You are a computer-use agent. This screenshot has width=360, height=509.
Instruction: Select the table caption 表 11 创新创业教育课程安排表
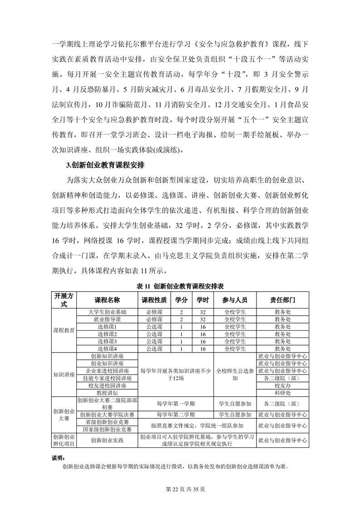[x=180, y=286]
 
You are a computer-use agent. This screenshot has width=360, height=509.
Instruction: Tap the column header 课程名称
[x=107, y=300]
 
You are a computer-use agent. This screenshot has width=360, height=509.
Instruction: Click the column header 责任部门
[x=283, y=300]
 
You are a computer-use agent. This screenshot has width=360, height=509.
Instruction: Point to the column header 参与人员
[x=235, y=300]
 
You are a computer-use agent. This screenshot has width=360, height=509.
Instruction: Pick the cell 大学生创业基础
[x=107, y=312]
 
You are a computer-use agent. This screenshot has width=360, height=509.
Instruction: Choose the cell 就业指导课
[x=107, y=319]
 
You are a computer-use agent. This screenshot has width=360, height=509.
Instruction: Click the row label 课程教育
[x=64, y=330]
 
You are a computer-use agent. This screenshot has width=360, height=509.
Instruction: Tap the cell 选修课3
[x=107, y=341]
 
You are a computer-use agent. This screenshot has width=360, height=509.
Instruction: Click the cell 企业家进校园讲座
[x=107, y=371]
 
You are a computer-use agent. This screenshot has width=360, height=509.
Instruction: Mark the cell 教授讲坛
[x=107, y=392]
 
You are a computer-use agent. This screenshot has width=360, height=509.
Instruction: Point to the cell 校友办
[x=283, y=385]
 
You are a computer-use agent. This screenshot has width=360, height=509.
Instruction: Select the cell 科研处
[x=283, y=392]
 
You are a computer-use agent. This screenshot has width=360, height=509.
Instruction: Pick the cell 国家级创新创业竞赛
[x=107, y=429]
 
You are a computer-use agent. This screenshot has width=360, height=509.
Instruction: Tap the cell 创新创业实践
[x=107, y=440]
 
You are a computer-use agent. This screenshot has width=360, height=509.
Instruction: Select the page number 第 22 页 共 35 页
[x=180, y=489]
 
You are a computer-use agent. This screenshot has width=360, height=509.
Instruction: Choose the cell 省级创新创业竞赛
[x=107, y=422]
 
